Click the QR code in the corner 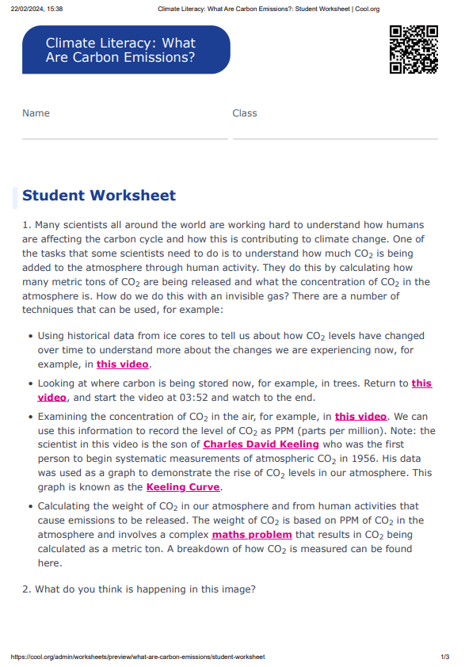414,49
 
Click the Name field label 36,113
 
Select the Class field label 245,113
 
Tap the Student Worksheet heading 99,196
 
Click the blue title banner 126,50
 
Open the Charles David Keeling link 261,444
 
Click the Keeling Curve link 183,487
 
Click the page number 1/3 444,657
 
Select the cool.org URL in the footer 138,657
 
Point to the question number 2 26,589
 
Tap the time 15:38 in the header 55,9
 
